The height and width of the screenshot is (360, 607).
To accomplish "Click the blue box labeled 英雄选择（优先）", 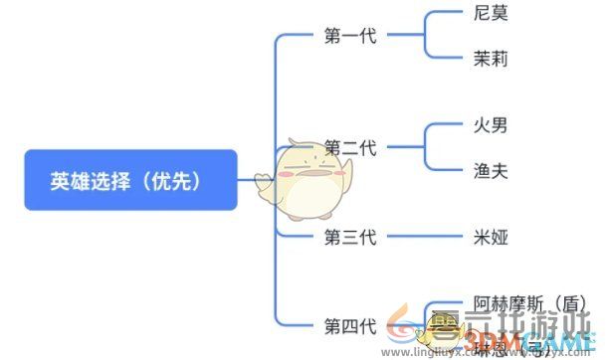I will [130, 180].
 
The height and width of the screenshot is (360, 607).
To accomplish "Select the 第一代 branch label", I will [350, 37].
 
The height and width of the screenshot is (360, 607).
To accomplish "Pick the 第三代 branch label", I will [350, 237].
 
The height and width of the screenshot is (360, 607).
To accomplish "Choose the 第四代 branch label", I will [350, 325].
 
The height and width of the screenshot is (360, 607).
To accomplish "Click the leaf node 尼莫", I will [492, 16].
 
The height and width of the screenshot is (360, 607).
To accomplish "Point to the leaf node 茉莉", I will [492, 59].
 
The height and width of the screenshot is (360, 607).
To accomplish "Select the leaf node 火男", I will [492, 126].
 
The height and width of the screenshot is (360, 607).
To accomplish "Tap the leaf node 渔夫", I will [492, 170].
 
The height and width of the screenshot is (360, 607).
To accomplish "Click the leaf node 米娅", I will [492, 237].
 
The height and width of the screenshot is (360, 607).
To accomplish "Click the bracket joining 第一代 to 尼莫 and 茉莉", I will [425, 37].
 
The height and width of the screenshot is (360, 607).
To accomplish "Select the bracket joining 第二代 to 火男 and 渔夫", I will [425, 148].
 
